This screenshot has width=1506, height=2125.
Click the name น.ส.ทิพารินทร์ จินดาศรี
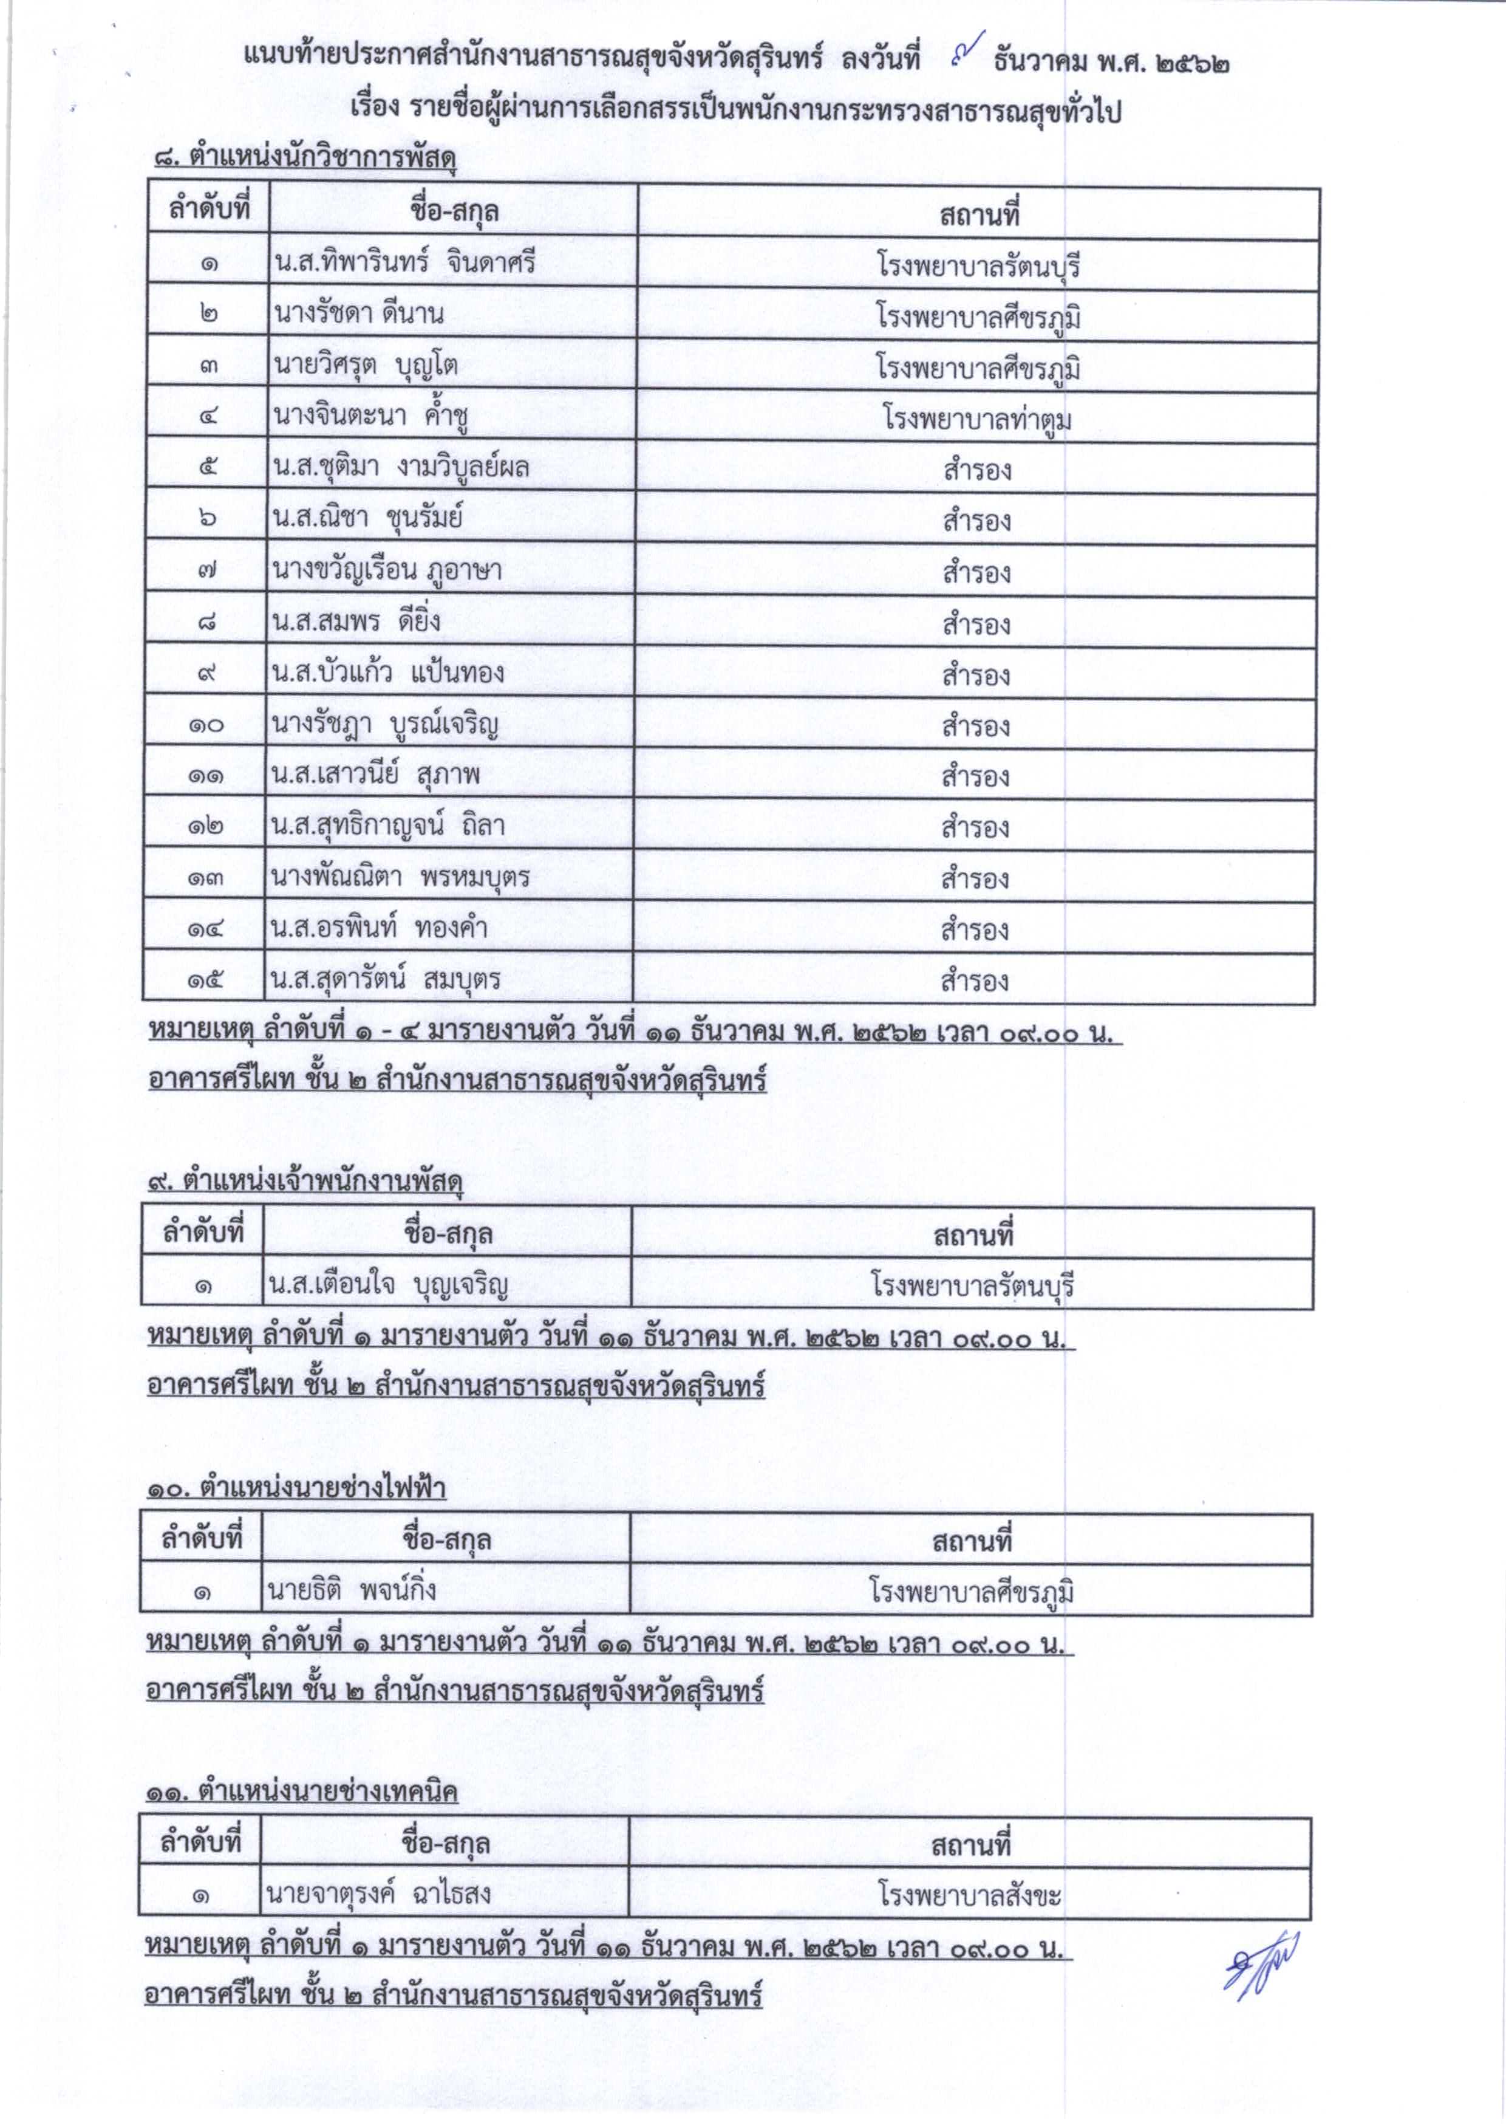[x=404, y=264]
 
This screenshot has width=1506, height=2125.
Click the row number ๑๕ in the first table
[x=205, y=979]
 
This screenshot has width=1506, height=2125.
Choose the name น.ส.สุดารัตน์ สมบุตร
[x=385, y=979]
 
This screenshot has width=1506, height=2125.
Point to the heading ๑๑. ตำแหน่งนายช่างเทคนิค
[x=301, y=1792]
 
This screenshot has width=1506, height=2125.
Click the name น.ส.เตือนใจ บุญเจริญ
[x=387, y=1285]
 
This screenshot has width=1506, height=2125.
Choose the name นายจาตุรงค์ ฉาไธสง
[x=378, y=1893]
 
